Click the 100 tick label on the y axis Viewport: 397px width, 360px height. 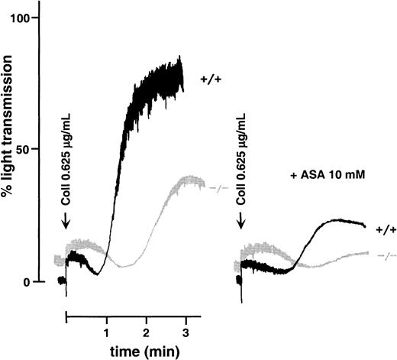click(x=29, y=17)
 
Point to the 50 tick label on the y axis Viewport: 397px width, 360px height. click(x=32, y=149)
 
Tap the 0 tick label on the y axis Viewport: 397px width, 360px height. click(x=36, y=281)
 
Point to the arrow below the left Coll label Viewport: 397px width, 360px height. click(x=67, y=221)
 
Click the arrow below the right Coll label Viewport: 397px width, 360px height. click(x=241, y=221)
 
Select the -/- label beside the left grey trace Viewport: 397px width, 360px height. click(x=219, y=186)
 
